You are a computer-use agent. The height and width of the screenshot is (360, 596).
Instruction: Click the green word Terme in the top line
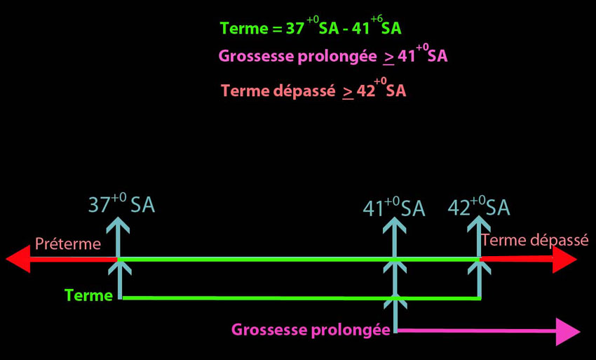[242, 29]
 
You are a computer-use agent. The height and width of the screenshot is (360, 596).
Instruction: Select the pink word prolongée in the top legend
[343, 57]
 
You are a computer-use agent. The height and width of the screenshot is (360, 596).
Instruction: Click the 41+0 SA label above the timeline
[393, 208]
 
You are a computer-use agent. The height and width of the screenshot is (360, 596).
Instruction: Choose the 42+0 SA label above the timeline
[478, 208]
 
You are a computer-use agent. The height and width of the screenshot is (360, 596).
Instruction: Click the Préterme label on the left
[68, 245]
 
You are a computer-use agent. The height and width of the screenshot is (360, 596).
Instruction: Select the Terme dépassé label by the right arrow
[535, 240]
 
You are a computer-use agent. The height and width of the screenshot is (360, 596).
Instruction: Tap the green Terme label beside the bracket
[89, 295]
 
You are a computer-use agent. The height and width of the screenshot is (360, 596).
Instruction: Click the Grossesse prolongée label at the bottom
[311, 329]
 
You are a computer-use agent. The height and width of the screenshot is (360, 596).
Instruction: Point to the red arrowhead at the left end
[18, 260]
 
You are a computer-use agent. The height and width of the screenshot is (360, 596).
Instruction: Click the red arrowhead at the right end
[564, 260]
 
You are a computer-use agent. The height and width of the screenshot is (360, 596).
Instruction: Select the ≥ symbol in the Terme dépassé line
[348, 92]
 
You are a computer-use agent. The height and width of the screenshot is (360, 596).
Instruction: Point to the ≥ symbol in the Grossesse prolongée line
[388, 58]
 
